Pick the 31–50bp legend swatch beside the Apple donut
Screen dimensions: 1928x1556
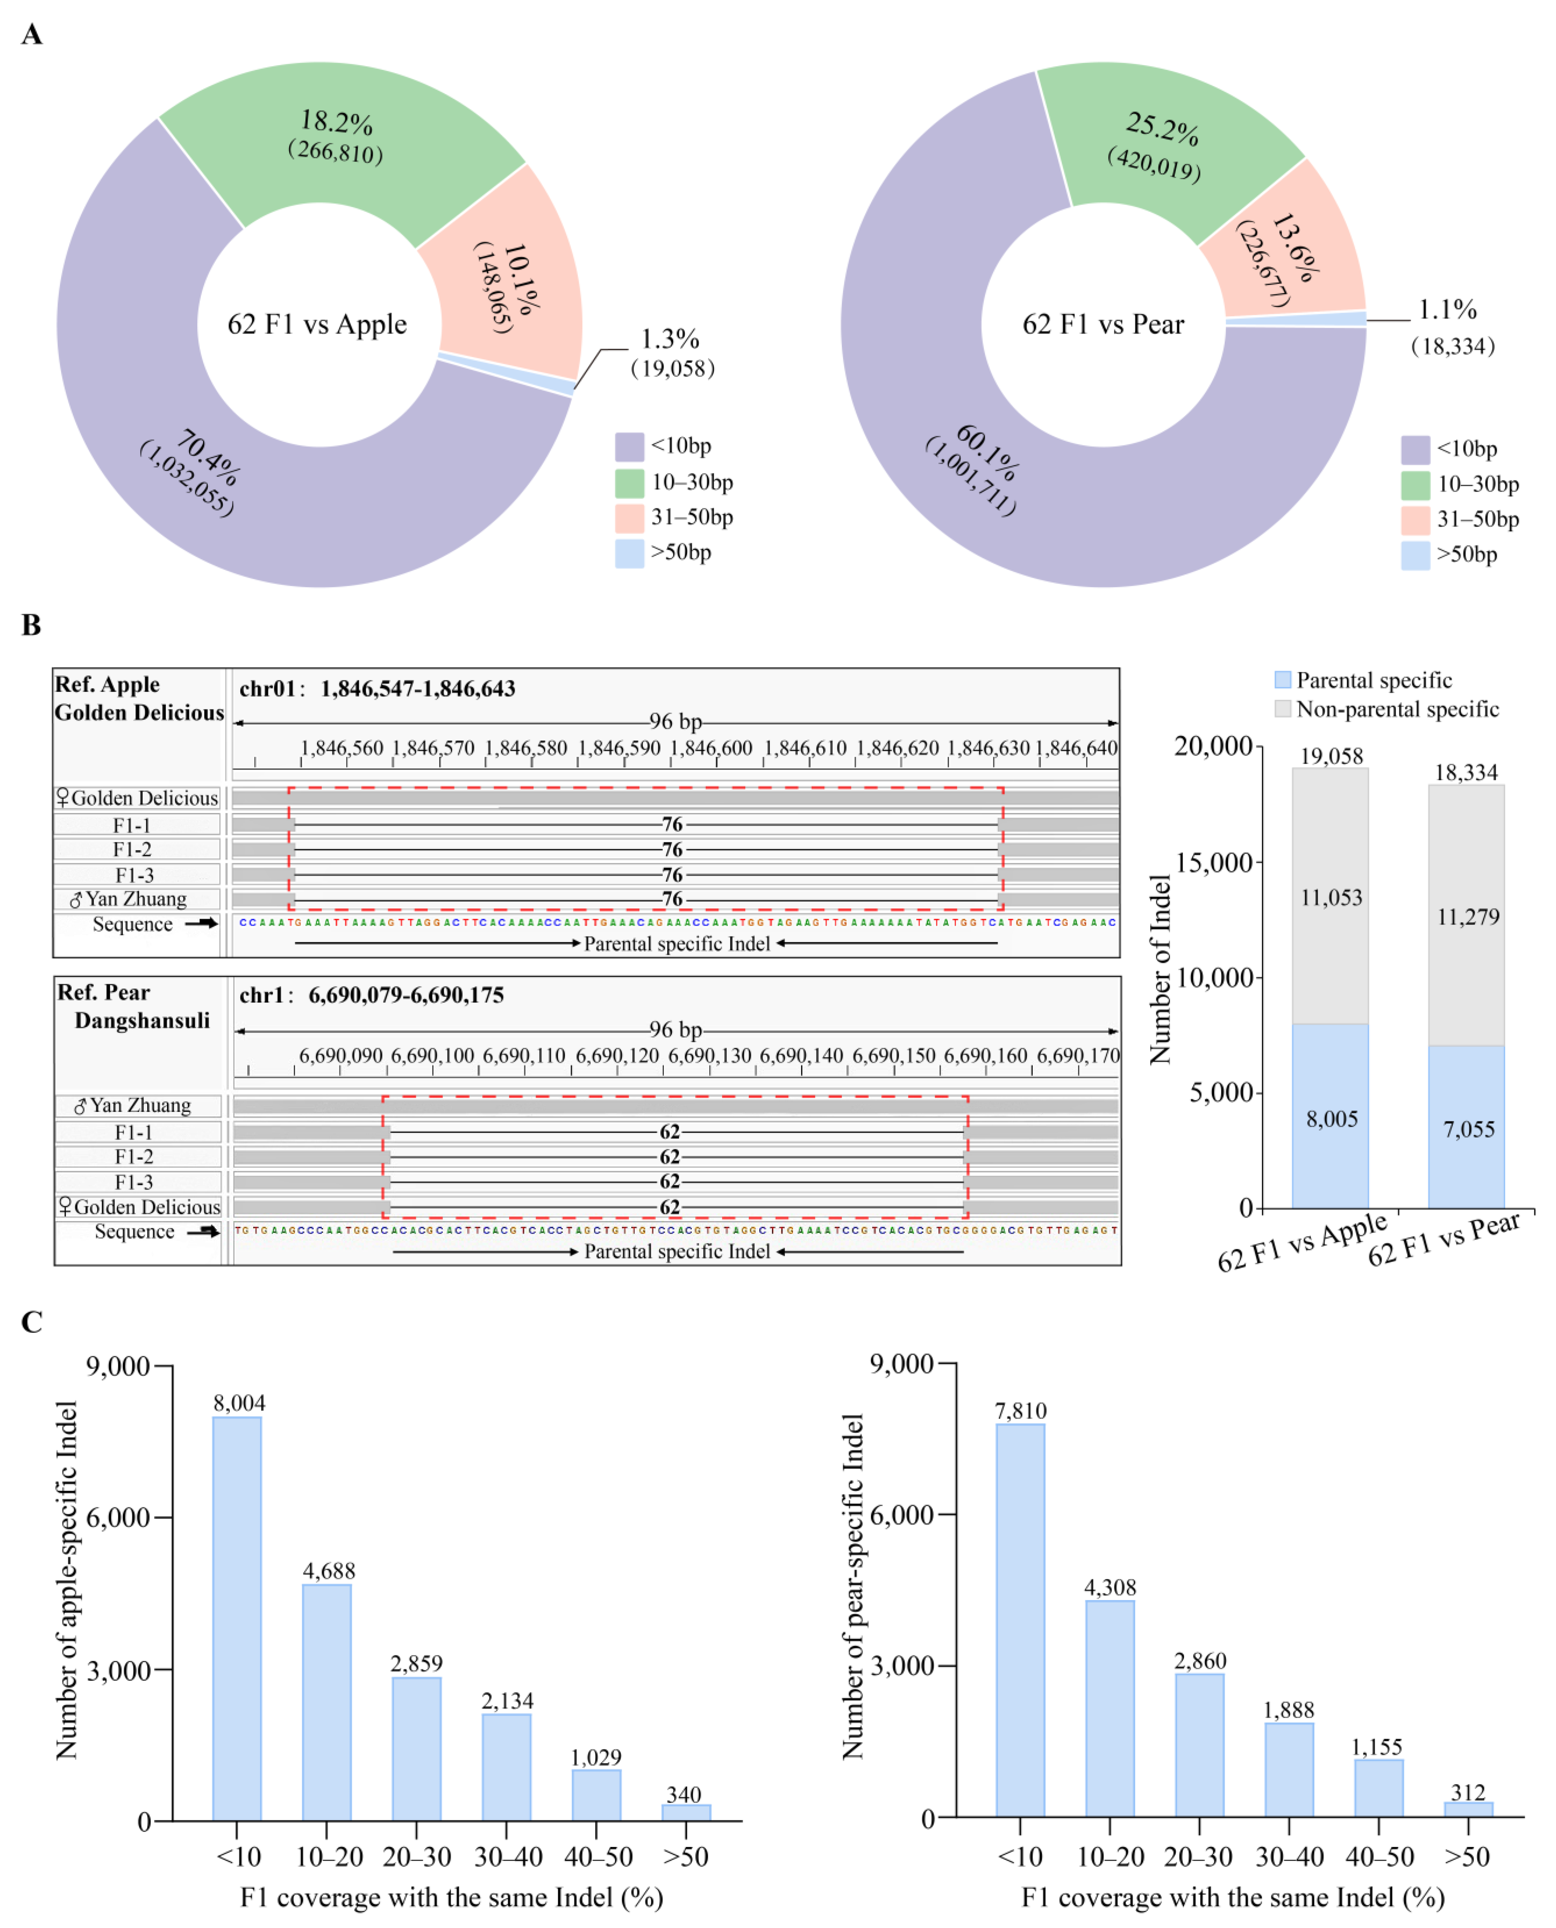(629, 518)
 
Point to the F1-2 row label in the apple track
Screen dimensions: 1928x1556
(133, 849)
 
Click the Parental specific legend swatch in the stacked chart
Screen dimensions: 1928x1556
(1283, 680)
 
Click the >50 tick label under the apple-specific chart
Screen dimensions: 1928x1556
(686, 1857)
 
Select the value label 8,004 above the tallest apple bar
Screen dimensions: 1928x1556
(240, 1403)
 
